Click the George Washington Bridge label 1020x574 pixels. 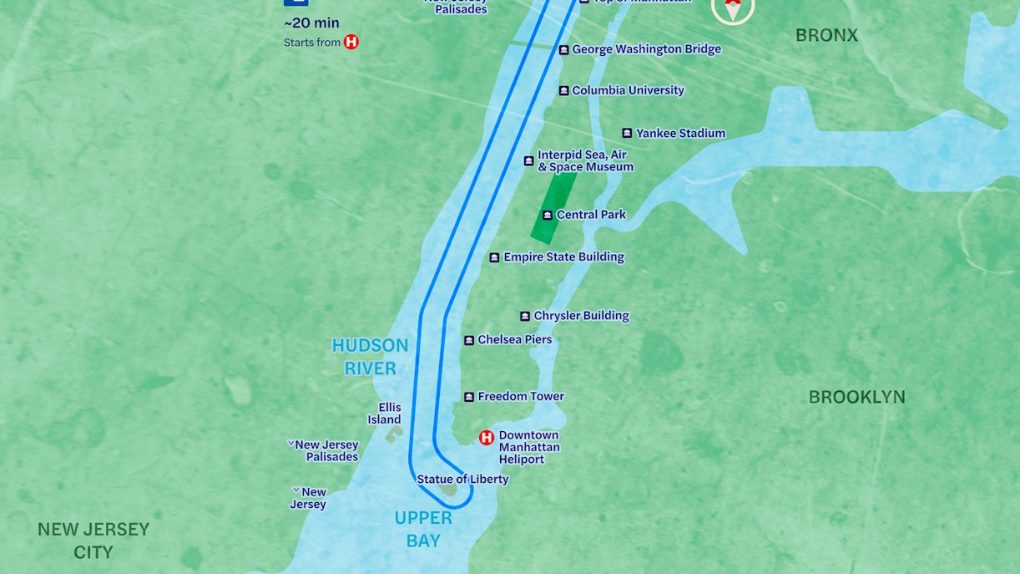click(x=646, y=49)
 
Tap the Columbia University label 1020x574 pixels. click(x=628, y=90)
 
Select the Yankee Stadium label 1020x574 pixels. click(x=680, y=133)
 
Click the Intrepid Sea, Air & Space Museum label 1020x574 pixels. click(x=584, y=160)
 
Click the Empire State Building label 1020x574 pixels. click(x=563, y=257)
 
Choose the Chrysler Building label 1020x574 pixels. click(x=581, y=316)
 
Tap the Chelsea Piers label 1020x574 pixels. click(x=514, y=340)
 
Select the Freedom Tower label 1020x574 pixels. click(x=521, y=397)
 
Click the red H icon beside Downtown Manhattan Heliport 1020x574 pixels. click(x=486, y=437)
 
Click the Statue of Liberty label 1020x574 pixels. click(x=462, y=480)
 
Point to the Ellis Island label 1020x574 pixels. click(x=385, y=414)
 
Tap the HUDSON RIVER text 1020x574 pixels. click(x=370, y=357)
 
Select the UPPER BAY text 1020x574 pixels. click(x=423, y=529)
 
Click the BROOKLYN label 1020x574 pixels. click(x=856, y=397)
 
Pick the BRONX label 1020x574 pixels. click(x=826, y=35)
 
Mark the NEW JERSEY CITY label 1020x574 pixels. click(x=93, y=541)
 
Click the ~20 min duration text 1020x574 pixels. click(x=311, y=23)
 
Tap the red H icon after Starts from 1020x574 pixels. click(x=351, y=42)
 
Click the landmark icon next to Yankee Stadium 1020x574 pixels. click(x=627, y=133)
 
